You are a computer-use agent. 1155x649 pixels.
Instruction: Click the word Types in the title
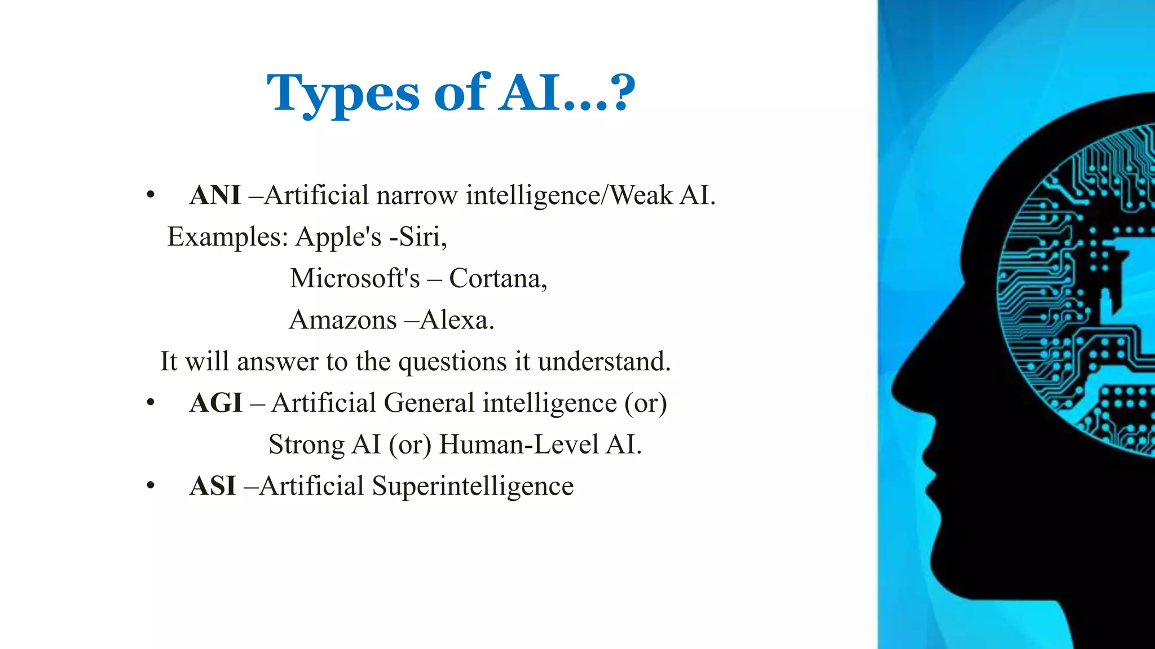click(343, 93)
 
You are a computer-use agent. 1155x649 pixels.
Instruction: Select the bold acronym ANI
click(215, 195)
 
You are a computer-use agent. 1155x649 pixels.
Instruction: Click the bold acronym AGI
click(216, 403)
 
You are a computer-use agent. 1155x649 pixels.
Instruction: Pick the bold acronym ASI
click(213, 486)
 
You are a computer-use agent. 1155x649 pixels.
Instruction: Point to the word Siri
click(419, 237)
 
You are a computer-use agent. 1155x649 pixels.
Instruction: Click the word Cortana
click(497, 278)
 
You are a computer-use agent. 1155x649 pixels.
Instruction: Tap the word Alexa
click(456, 320)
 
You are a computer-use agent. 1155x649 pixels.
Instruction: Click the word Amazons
click(343, 320)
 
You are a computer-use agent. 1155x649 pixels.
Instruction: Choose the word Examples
click(227, 237)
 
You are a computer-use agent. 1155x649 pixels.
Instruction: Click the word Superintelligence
click(473, 486)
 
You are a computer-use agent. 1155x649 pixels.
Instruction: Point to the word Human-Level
click(518, 444)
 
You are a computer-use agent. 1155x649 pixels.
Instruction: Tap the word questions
click(452, 362)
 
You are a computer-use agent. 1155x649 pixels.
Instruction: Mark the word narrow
click(417, 195)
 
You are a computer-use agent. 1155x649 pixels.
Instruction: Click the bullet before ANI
click(150, 195)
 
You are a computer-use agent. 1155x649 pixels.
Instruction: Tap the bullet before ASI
click(150, 486)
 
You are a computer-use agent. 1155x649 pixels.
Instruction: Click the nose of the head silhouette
click(897, 389)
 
